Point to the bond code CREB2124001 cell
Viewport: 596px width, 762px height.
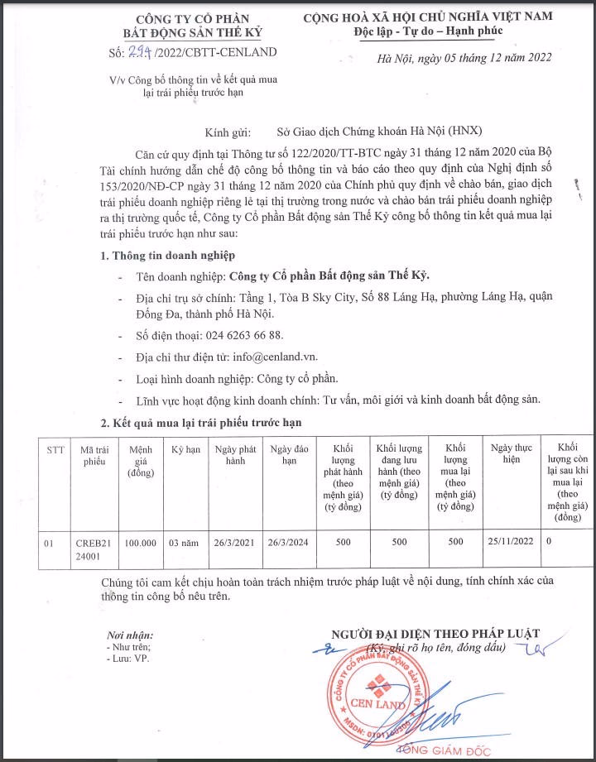click(x=94, y=549)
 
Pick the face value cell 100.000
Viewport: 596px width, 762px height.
click(x=142, y=543)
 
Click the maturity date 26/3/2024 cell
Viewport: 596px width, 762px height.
click(x=289, y=543)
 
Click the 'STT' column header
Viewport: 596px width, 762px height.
click(x=55, y=449)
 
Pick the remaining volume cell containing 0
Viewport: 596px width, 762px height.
click(x=549, y=543)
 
